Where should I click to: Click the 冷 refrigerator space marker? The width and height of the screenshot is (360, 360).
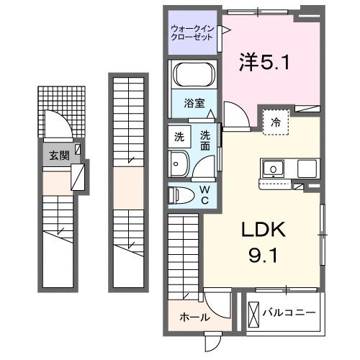pyautogui.click(x=275, y=123)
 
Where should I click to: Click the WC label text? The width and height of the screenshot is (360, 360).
pyautogui.click(x=205, y=194)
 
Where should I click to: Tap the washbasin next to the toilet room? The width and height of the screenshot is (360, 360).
pyautogui.click(x=179, y=165)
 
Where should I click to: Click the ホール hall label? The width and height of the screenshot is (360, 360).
pyautogui.click(x=195, y=317)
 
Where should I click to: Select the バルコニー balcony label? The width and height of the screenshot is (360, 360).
pyautogui.click(x=288, y=313)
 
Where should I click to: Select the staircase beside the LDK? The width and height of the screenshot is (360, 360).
pyautogui.click(x=185, y=252)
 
